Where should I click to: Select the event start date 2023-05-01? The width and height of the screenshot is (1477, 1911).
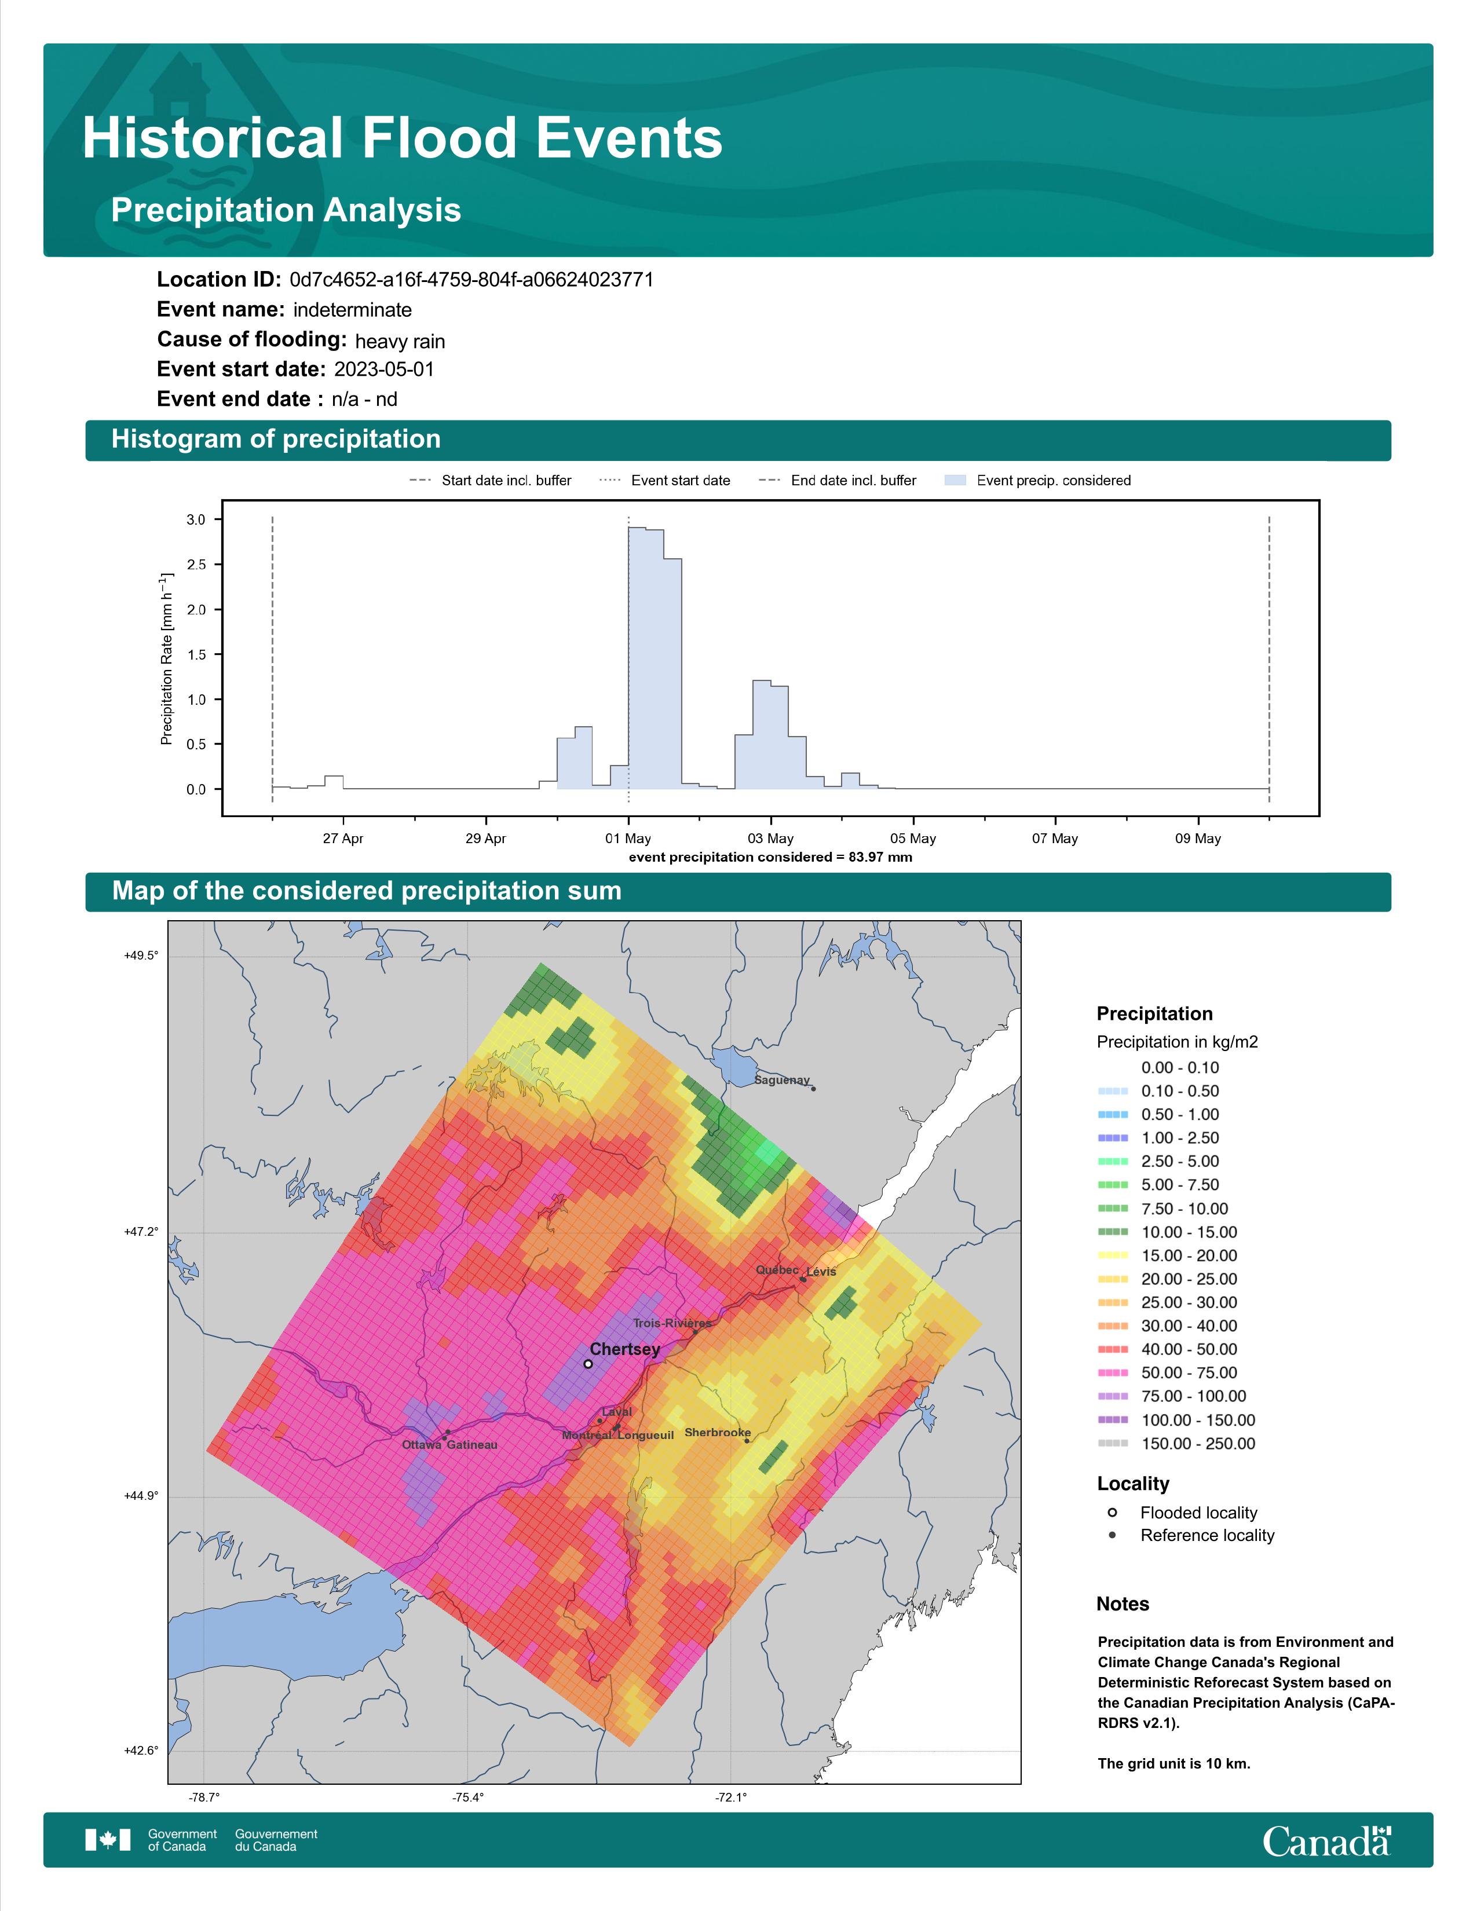(x=384, y=369)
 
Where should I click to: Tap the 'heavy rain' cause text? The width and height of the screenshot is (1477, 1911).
(x=400, y=341)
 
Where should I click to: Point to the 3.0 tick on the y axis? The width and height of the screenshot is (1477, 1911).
(x=196, y=520)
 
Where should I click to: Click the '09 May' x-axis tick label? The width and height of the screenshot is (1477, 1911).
(x=1198, y=839)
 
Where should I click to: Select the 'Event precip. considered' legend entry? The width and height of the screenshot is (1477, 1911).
(x=1038, y=481)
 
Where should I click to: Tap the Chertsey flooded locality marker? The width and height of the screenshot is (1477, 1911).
(x=588, y=1363)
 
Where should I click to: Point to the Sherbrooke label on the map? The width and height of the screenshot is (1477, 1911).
(x=718, y=1432)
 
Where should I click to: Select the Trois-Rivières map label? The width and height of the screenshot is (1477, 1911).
(x=672, y=1323)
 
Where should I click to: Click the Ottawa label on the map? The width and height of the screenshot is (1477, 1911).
(x=422, y=1445)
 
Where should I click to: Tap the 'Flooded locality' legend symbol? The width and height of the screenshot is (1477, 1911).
(x=1112, y=1512)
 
